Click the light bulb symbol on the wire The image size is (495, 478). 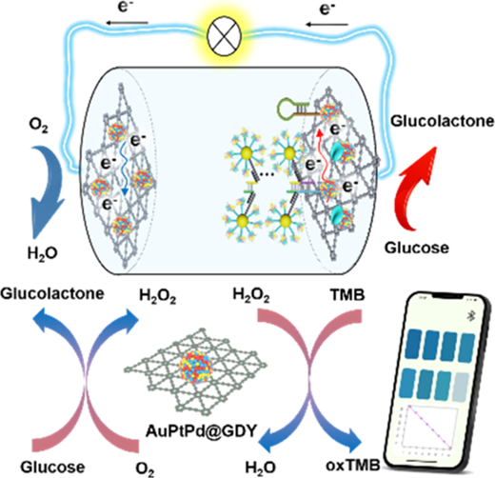[224, 36]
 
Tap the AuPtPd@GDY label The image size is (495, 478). [201, 431]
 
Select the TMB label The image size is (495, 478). [347, 295]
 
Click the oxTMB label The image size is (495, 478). [353, 466]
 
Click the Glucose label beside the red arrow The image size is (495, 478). [417, 248]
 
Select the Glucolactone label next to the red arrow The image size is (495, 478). [442, 121]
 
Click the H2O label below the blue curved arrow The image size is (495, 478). [43, 253]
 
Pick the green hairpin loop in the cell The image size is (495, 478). [287, 109]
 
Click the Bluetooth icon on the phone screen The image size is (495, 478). [471, 315]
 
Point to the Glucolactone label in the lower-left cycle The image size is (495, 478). [52, 293]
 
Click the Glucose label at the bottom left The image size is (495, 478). [52, 467]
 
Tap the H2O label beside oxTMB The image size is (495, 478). [261, 468]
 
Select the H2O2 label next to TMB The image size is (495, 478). [251, 295]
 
